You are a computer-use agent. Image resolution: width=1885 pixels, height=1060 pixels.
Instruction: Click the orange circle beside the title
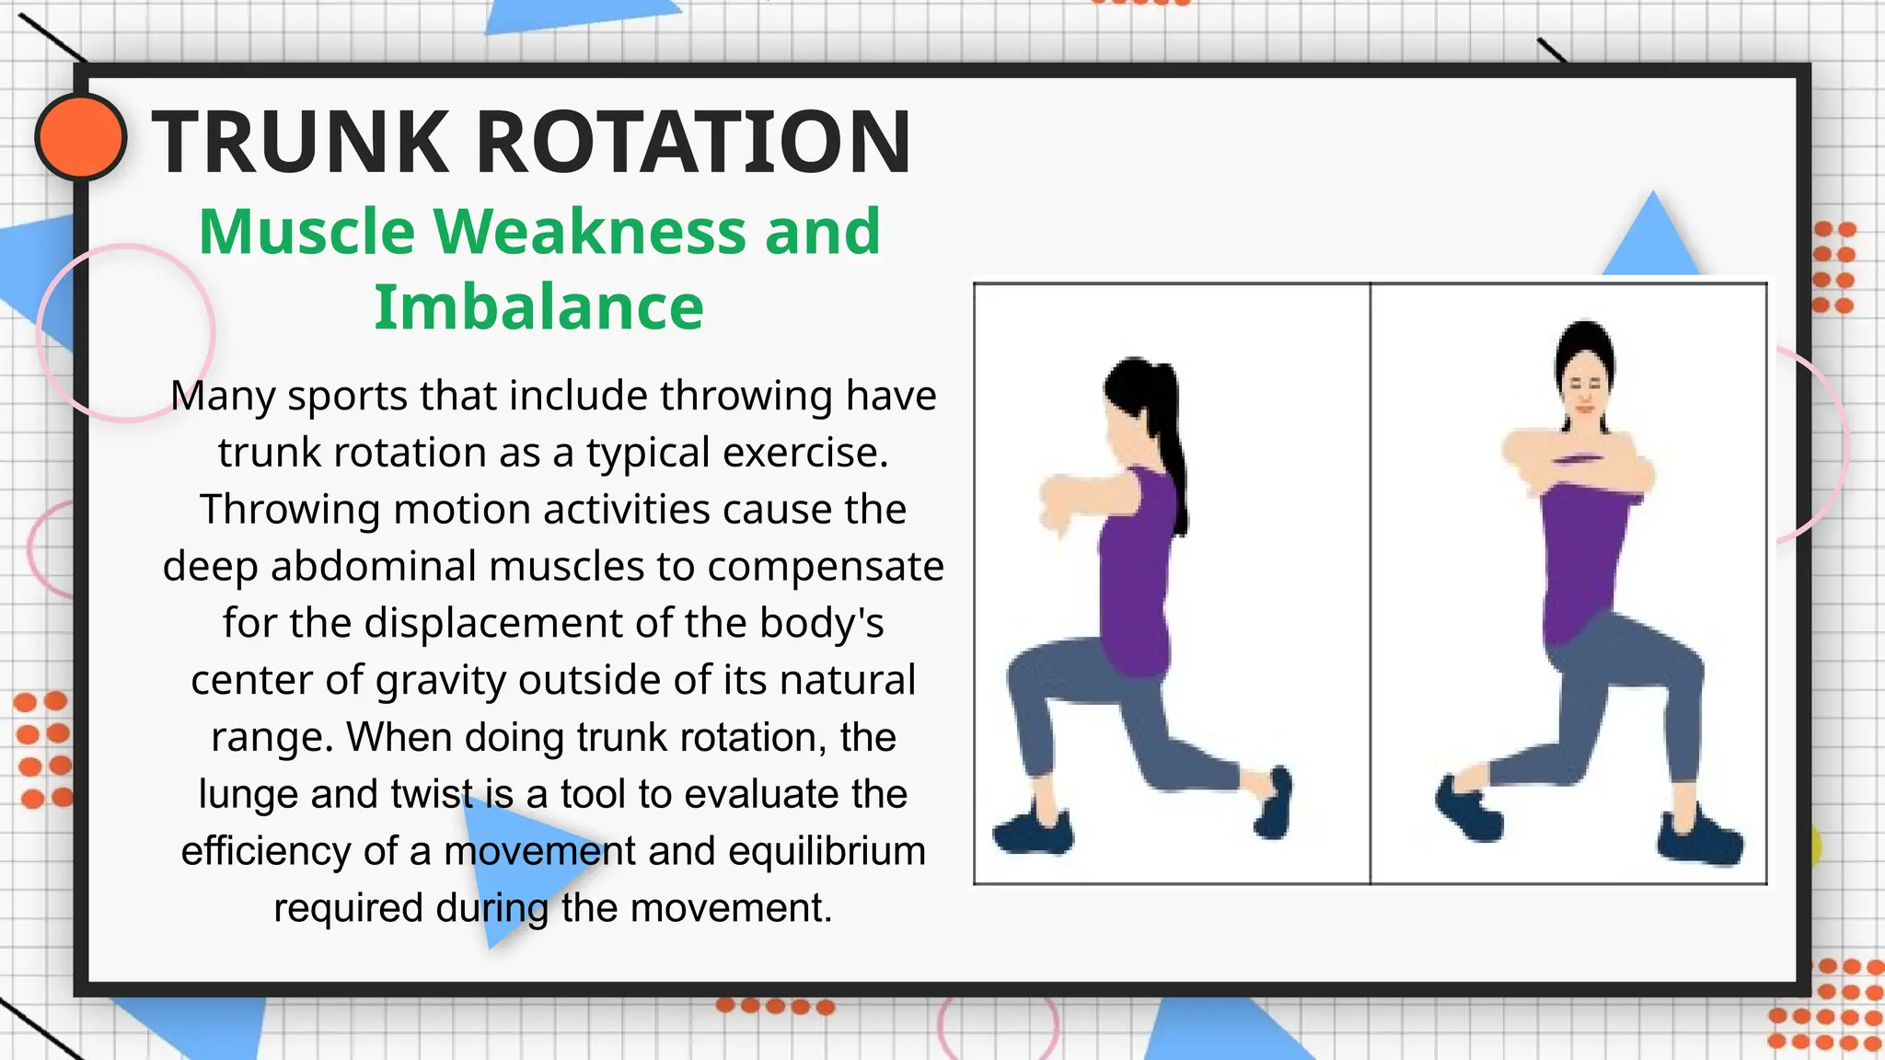[x=81, y=136]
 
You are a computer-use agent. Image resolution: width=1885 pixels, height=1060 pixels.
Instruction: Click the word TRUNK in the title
[x=300, y=142]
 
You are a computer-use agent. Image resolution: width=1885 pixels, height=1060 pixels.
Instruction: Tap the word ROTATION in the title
[x=692, y=142]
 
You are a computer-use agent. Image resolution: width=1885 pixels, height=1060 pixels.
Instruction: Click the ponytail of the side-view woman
[x=1169, y=442]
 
